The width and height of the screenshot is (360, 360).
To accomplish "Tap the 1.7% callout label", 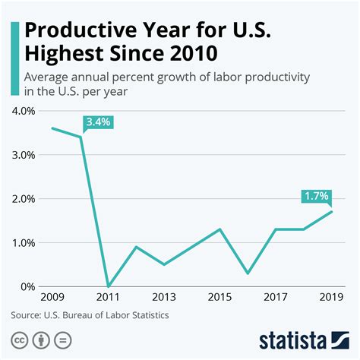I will (316, 196).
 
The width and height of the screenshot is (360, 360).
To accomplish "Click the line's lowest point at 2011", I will (109, 286).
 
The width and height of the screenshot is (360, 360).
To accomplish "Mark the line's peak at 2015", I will (219, 229).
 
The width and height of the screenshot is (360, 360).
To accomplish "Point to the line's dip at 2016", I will (248, 273).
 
